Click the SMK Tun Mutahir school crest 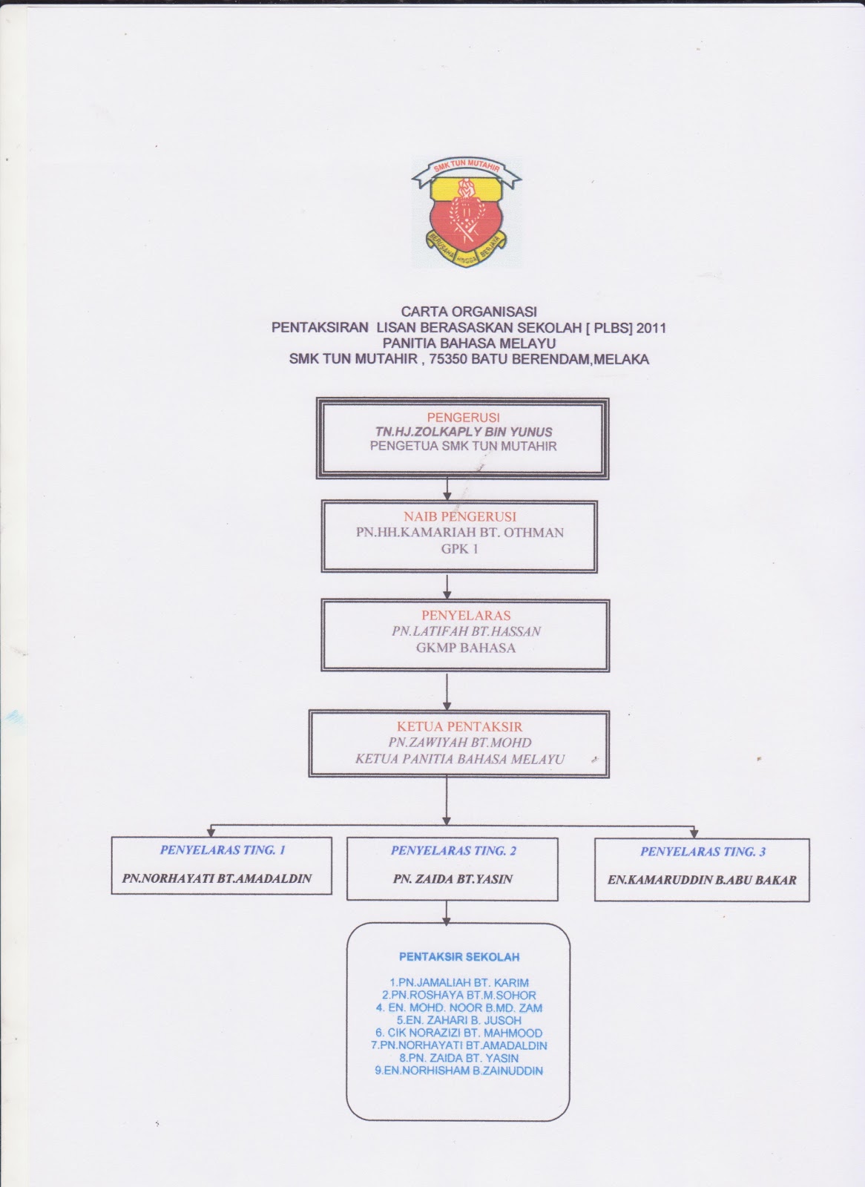click(467, 212)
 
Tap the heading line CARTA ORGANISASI click(469, 312)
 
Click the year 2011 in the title click(651, 328)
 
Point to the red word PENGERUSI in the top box click(463, 418)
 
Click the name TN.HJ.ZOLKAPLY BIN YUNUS click(464, 432)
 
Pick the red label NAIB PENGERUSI click(459, 516)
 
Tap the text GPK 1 click(459, 549)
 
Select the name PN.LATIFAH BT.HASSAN click(467, 631)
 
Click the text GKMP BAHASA click(465, 648)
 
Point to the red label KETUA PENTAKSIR click(459, 726)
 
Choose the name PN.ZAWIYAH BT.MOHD click(459, 743)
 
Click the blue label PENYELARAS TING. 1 click(223, 850)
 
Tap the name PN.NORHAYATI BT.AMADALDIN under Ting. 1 click(217, 878)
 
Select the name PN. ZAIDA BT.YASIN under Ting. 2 click(453, 879)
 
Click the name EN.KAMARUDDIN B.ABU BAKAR click(702, 880)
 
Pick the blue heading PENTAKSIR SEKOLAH click(459, 957)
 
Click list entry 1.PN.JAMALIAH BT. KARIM click(459, 983)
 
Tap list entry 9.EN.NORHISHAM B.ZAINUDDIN click(459, 1071)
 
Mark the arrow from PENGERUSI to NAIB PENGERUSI click(447, 489)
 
